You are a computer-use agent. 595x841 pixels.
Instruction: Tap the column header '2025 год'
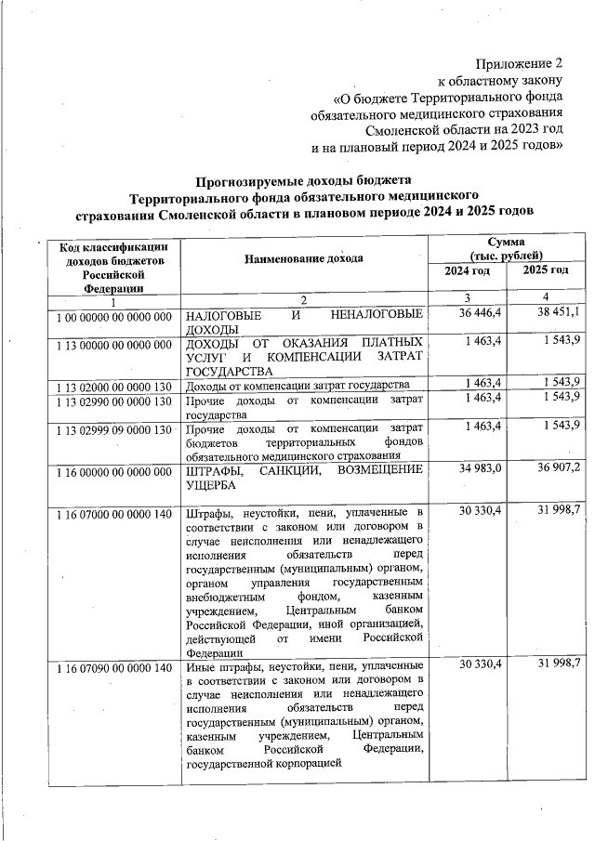pos(546,269)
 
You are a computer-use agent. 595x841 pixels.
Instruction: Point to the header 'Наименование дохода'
pos(303,257)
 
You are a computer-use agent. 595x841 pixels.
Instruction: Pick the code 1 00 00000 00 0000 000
pos(112,317)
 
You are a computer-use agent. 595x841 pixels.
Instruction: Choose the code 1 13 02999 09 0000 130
pos(112,429)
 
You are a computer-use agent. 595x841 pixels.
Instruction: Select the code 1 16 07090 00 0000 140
pos(112,668)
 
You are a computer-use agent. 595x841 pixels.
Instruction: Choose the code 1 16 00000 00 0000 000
pos(112,472)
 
